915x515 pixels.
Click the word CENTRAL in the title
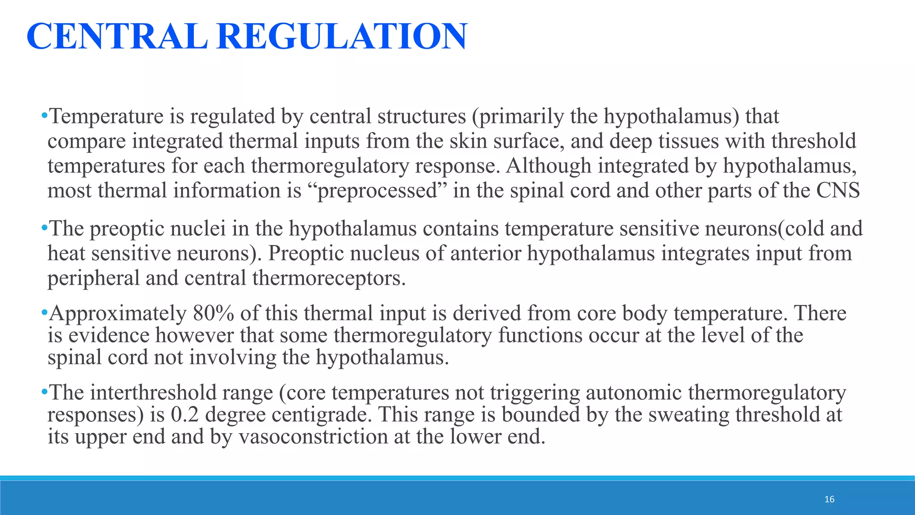(117, 37)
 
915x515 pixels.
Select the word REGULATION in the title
(342, 37)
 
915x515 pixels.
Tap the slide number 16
(829, 499)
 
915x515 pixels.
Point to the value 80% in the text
(213, 313)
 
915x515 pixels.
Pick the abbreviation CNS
(838, 190)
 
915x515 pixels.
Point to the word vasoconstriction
(313, 437)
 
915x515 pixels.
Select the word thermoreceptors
(329, 278)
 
